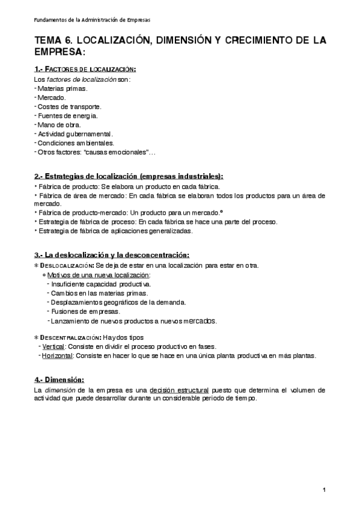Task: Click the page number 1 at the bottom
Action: pos(325,491)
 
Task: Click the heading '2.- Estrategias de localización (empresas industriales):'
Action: pos(128,176)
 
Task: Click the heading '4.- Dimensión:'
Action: pos(59,379)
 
